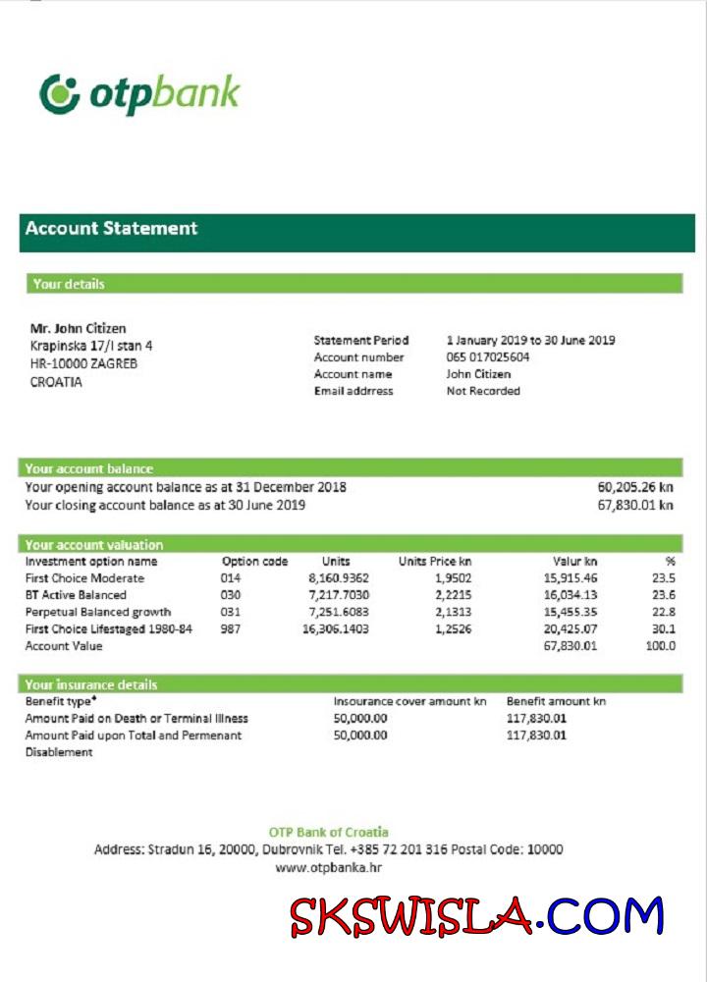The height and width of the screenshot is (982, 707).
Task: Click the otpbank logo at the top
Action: tap(139, 94)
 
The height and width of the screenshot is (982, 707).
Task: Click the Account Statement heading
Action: tap(111, 229)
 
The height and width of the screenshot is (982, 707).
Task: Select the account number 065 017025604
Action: tap(488, 357)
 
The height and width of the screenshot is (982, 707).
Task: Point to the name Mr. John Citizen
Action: tap(79, 328)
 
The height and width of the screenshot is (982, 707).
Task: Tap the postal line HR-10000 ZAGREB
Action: tap(84, 363)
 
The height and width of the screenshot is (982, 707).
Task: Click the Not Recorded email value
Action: tap(483, 391)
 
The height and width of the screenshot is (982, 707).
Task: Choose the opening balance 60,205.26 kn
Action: tap(635, 487)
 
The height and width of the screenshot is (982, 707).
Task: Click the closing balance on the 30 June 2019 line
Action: tap(635, 505)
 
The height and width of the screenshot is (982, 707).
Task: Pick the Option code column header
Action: tap(254, 562)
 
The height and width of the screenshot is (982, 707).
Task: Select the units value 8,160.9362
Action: tap(339, 578)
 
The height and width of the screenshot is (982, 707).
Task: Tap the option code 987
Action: tap(230, 628)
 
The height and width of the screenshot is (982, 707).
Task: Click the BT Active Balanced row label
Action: tap(76, 595)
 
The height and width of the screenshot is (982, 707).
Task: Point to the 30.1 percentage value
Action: tap(664, 628)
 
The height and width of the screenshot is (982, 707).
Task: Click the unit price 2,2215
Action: tap(453, 595)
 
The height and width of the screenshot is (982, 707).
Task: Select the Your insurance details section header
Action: tap(91, 684)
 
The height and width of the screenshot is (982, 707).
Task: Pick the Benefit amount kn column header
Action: tap(556, 701)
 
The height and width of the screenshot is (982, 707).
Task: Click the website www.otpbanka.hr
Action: tap(329, 867)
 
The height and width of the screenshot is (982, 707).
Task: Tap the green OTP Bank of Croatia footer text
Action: tap(329, 833)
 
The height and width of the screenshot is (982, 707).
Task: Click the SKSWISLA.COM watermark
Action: tap(476, 917)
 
